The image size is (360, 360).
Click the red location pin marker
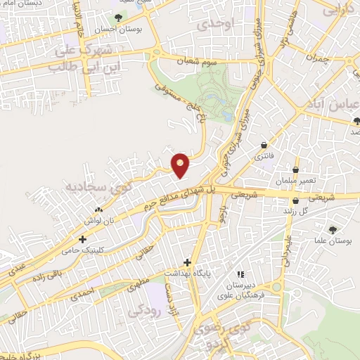click(x=181, y=165)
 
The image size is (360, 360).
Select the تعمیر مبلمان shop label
click(x=296, y=181)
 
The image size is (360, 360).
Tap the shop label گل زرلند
click(x=296, y=210)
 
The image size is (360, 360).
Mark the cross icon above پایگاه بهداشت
click(x=188, y=261)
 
